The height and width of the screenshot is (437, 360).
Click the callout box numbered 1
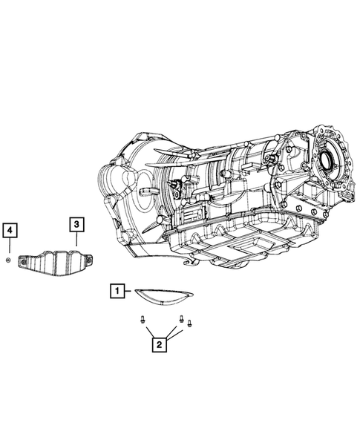coord(117,291)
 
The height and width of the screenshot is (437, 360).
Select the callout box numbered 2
coord(160,344)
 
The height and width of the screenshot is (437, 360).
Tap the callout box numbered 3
coord(76,224)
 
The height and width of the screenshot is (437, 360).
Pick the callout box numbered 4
coord(10,230)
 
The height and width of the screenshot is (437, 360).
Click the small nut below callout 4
coord(8,260)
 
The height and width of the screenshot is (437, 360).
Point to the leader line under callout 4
coord(10,246)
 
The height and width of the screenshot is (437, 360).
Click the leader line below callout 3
coord(76,239)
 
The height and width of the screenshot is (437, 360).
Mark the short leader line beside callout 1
coord(128,291)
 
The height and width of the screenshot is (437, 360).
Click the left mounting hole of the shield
coord(23,262)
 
